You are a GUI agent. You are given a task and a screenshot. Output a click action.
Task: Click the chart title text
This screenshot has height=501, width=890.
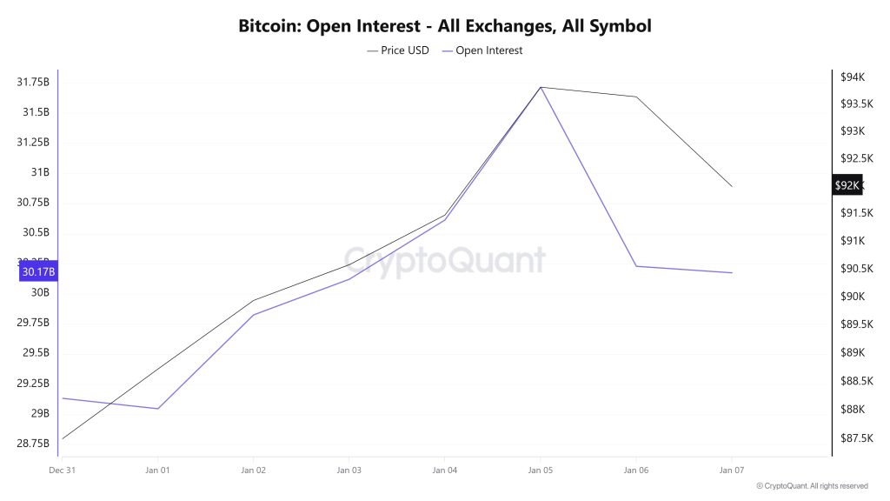[444, 25]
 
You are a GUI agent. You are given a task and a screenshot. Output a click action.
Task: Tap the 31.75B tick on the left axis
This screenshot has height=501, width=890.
[33, 82]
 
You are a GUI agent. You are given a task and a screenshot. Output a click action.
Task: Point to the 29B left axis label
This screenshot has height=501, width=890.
[40, 413]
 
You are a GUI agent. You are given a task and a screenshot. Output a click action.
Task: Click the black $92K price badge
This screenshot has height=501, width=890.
[847, 185]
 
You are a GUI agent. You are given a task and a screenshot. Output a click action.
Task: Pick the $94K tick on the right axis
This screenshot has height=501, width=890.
[852, 77]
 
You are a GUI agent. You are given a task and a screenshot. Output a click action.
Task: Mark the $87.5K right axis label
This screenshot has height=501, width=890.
[855, 438]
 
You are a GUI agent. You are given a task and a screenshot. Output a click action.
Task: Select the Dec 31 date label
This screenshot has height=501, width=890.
[61, 470]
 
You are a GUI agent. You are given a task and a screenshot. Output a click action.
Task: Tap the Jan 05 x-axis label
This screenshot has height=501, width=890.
[540, 470]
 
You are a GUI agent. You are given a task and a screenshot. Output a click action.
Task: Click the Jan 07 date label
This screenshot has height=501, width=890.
[731, 470]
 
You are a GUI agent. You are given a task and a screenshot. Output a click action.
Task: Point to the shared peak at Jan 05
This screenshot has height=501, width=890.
[541, 87]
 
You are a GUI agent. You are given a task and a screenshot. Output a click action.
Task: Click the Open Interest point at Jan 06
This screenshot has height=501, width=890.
[636, 266]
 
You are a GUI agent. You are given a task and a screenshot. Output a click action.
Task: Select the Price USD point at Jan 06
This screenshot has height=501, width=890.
[636, 97]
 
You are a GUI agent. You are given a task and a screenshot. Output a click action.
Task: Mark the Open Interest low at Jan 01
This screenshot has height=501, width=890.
[157, 409]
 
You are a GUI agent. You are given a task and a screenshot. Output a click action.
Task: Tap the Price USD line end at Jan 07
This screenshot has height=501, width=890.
[732, 186]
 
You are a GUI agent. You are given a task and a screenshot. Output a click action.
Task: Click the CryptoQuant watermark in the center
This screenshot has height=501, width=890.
[444, 260]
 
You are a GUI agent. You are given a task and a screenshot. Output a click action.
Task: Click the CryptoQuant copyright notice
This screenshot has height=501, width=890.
[812, 486]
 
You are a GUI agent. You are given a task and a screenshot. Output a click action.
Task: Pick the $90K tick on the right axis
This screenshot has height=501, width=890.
[852, 297]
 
